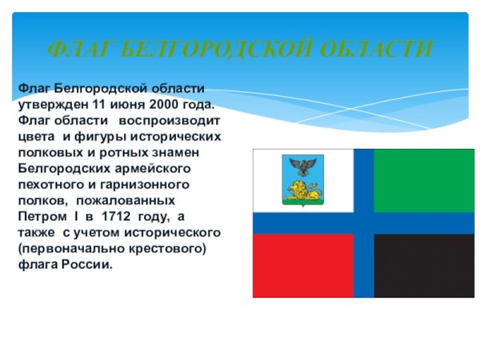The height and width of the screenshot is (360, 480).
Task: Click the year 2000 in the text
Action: tap(164, 104)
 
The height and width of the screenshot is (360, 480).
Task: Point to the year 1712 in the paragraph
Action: tap(116, 216)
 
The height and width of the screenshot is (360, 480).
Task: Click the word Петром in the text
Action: tap(42, 217)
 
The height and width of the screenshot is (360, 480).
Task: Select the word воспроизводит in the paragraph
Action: tap(170, 121)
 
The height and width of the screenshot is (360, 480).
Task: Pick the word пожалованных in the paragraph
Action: tap(126, 201)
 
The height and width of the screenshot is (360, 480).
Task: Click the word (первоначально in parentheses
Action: tap(71, 248)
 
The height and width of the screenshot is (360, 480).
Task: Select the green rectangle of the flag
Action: tap(424, 181)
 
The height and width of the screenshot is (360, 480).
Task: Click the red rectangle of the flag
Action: tap(303, 266)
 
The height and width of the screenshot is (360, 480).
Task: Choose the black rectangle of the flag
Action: tap(424, 266)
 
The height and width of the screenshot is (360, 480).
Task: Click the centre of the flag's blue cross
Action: tap(364, 223)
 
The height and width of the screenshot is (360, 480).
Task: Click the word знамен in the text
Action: tap(175, 153)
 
